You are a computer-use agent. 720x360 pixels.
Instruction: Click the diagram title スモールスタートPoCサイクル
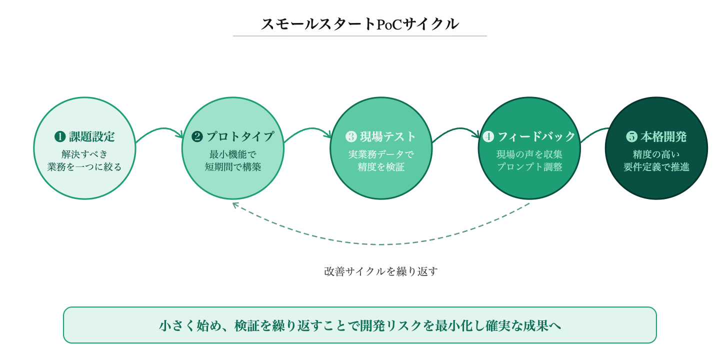(359, 24)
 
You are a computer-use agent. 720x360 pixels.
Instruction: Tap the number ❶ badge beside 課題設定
(60, 136)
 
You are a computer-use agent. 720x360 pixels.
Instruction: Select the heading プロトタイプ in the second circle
(240, 136)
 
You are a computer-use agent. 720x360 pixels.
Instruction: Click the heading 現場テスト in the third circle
(388, 136)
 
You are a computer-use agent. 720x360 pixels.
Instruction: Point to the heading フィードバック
(536, 136)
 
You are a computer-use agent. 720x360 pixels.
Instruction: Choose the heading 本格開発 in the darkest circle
(663, 136)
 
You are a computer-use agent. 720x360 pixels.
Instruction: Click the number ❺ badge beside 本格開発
(632, 136)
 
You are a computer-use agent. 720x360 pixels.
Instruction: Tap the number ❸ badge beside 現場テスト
(351, 136)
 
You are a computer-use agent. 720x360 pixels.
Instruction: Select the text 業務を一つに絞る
(84, 167)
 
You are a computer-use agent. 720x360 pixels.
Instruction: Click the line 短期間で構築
(233, 167)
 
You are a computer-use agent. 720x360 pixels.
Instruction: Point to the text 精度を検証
(381, 167)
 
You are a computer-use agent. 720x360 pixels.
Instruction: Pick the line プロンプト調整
(529, 167)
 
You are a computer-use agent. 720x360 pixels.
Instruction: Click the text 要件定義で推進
(656, 167)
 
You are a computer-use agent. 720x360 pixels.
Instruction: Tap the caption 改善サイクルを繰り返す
(381, 271)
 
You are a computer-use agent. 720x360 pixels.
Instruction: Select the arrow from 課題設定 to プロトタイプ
(159, 131)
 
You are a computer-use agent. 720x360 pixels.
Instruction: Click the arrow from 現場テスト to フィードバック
(456, 131)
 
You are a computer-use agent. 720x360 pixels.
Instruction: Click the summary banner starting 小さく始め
(360, 325)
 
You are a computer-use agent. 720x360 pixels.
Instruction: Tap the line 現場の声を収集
(529, 154)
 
